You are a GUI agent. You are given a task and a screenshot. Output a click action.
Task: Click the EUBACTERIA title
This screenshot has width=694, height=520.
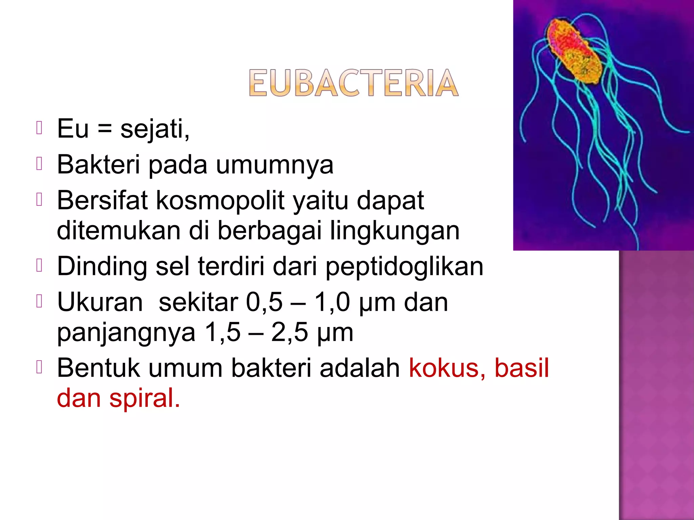[x=353, y=83]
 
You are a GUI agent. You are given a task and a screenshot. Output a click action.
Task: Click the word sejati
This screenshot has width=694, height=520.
[x=155, y=129]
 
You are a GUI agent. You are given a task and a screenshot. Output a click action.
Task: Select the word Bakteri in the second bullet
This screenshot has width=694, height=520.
[x=98, y=165]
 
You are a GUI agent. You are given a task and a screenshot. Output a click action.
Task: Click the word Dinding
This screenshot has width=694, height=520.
[x=102, y=267]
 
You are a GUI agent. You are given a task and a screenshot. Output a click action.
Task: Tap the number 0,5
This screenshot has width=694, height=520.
[x=264, y=302]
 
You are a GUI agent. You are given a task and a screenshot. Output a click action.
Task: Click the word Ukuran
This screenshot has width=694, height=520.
[x=100, y=302]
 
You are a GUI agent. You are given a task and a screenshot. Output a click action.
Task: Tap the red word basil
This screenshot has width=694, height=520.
[x=522, y=368]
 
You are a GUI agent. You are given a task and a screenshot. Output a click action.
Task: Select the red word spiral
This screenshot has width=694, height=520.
[x=144, y=398]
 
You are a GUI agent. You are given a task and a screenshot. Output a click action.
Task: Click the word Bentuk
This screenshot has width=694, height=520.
[x=98, y=368]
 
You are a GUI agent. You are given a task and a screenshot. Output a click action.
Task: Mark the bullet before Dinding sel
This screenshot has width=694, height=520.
[x=39, y=265]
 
